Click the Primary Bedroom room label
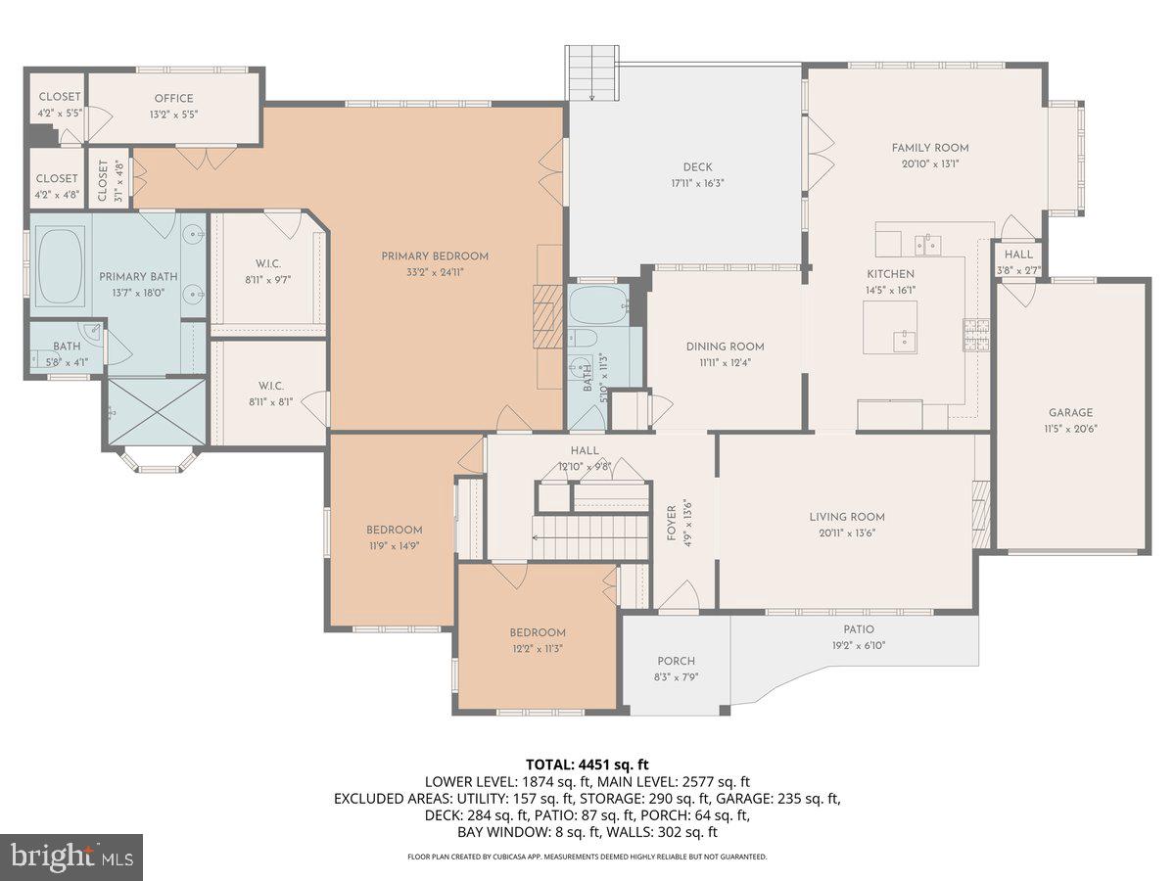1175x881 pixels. pos(434,256)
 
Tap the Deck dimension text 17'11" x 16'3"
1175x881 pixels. pos(697,183)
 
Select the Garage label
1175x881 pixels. pos(1070,413)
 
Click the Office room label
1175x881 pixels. pos(173,98)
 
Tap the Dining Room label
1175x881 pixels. pos(725,347)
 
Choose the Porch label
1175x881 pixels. pos(676,661)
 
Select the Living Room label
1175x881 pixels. pos(846,517)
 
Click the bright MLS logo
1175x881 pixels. pos(71,858)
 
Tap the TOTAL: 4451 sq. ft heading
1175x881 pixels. pos(587,765)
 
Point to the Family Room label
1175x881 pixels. pos(929,148)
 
